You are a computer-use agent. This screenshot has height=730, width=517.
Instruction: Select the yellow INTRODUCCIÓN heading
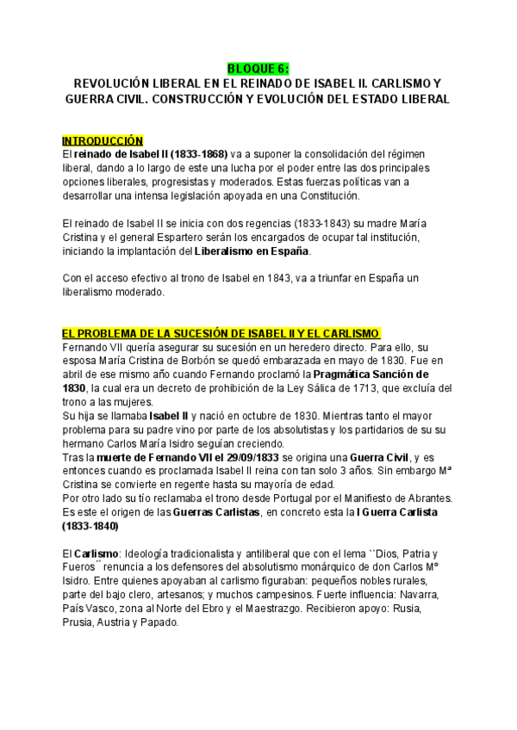tap(103, 139)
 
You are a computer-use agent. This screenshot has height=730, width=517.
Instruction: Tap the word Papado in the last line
tap(160, 622)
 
